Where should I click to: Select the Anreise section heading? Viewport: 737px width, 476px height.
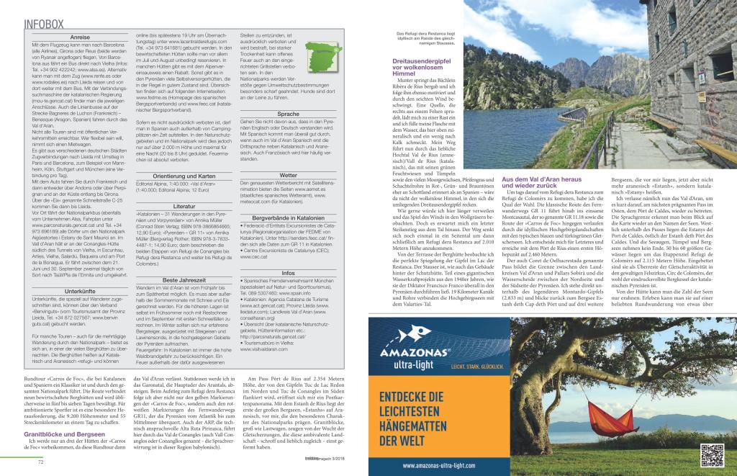tap(81, 37)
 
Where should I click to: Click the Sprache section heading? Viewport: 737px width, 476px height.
tap(287, 114)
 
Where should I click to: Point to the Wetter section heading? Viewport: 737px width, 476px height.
tap(287, 175)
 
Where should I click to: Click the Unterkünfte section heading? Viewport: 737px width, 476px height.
tap(81, 291)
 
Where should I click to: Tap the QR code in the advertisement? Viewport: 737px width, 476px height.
tap(711, 455)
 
